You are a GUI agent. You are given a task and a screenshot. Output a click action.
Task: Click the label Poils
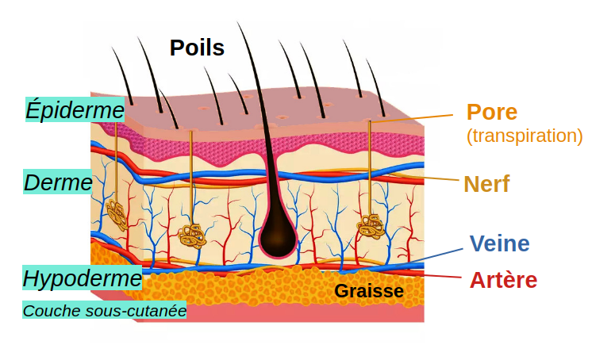pos(197,48)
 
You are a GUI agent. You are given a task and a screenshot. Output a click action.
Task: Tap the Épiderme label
pos(75,109)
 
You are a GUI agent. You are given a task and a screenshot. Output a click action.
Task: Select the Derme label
pos(58,182)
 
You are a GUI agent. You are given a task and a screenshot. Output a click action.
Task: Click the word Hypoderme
pos(82,278)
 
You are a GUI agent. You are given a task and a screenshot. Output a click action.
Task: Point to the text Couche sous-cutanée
pos(104,311)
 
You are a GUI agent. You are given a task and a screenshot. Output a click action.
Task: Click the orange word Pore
pos(491,112)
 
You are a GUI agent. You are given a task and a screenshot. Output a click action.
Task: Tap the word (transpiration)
pos(525,136)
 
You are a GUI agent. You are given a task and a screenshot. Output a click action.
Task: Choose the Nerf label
pos(486,184)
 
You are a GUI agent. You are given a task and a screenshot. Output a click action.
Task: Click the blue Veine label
pos(499,243)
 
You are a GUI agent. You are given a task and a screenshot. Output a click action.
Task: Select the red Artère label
pos(503,280)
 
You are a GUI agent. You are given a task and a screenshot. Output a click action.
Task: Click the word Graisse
pos(368,291)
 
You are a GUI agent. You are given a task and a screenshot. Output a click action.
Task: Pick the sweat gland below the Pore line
pos(371,227)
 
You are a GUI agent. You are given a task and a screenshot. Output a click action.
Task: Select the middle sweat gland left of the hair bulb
pos(192,236)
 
